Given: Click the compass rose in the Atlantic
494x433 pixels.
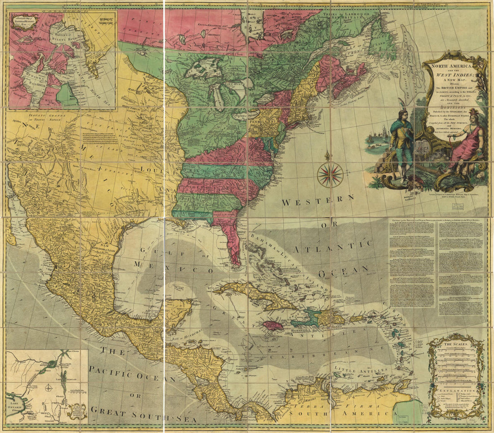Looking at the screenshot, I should [x=330, y=175].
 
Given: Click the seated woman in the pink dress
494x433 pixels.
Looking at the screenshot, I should [x=467, y=146].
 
